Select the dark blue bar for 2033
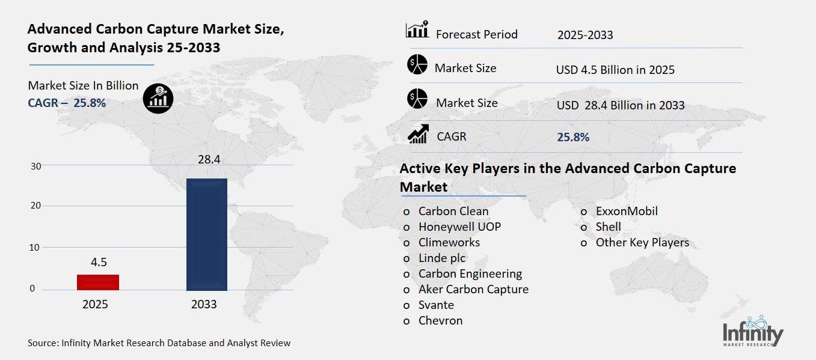coord(207,234)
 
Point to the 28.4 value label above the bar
coord(207,160)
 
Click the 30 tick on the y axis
coord(35,166)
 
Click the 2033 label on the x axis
coord(204,304)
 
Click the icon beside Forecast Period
coord(417,29)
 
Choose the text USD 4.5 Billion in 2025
coord(615,70)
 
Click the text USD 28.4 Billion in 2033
coord(621,105)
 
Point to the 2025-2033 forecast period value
coord(585,35)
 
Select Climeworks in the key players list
coord(449,243)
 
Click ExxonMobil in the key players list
coord(627,212)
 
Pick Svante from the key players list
coord(436,305)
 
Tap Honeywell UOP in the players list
coord(459,227)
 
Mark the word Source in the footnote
coord(42,343)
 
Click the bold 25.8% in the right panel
coord(573,138)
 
